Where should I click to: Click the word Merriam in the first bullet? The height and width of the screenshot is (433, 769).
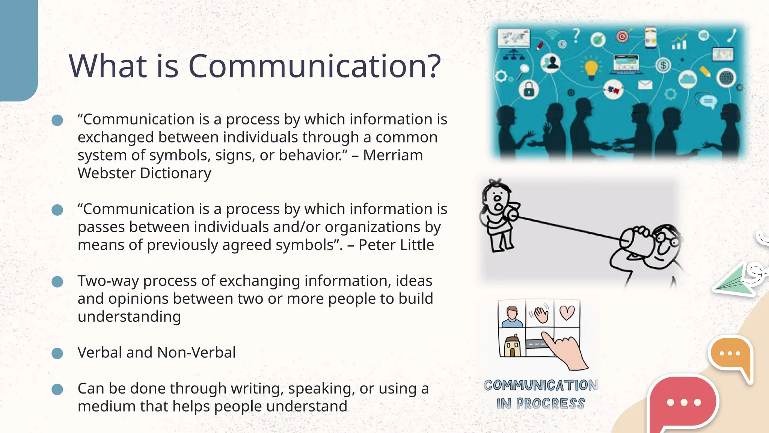point(393,155)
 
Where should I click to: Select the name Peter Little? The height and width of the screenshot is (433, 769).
point(396,245)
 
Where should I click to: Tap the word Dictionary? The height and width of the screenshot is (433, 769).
point(175,173)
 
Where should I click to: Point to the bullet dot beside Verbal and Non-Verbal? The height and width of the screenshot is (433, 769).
point(57,353)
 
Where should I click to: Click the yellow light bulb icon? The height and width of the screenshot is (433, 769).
point(591,69)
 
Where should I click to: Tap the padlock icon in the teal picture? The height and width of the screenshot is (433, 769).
point(529,90)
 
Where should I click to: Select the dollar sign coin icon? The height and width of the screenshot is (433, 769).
point(663,65)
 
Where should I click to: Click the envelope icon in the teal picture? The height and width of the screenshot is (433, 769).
point(645,85)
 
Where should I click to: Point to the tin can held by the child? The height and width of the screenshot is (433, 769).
point(512,214)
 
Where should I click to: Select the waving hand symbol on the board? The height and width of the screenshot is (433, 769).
point(540,314)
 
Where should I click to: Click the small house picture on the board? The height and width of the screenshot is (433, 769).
point(512,345)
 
